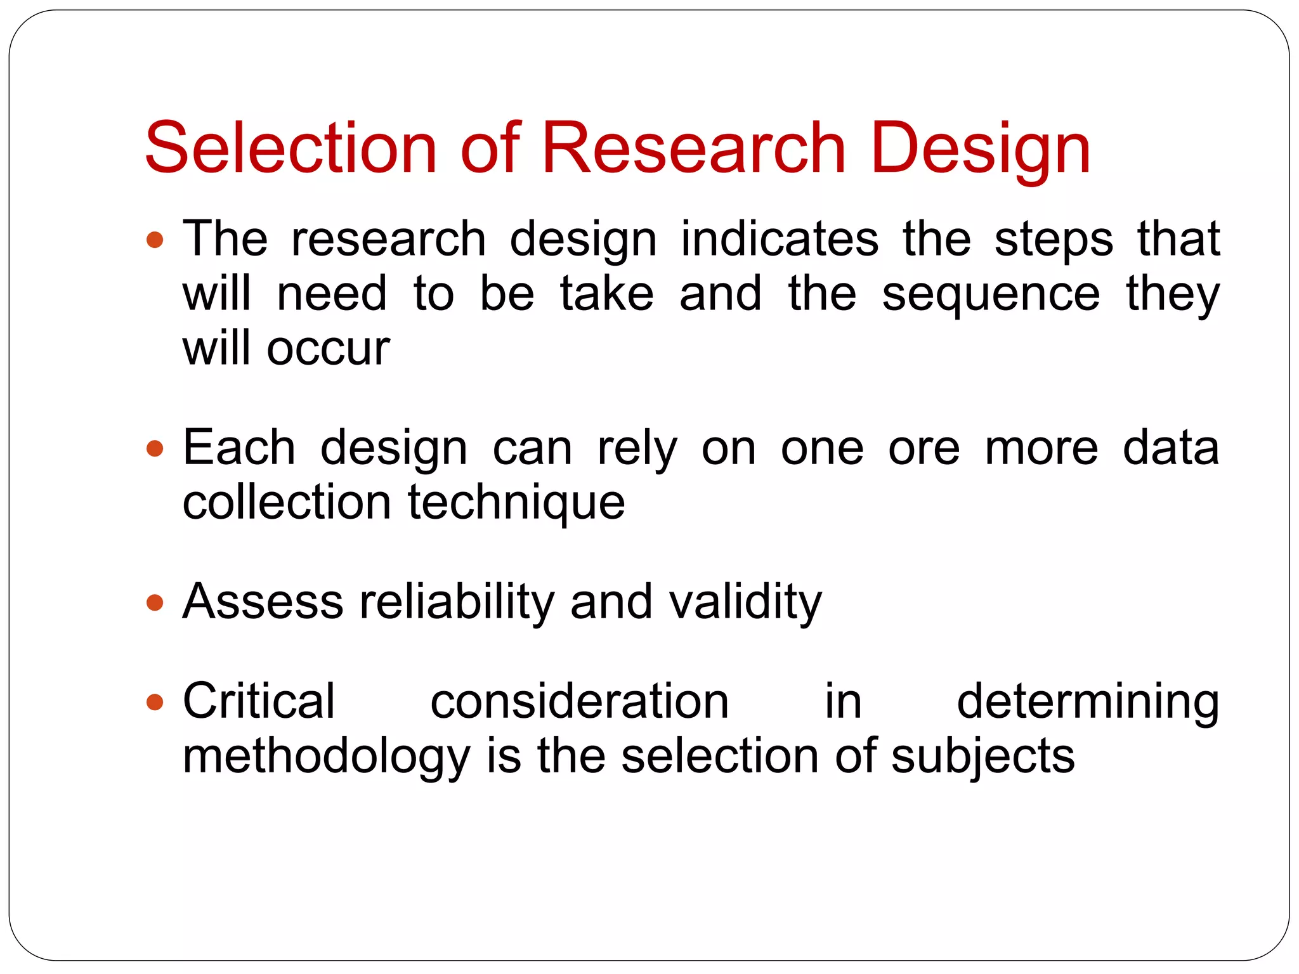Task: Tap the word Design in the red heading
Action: [x=981, y=149]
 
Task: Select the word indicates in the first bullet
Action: [x=780, y=239]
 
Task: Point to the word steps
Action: [x=1054, y=240]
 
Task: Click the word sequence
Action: [x=991, y=295]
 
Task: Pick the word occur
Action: [x=328, y=349]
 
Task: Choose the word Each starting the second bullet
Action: [x=239, y=448]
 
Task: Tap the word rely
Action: [x=637, y=449]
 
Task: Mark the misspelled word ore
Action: [x=924, y=449]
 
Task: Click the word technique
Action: [x=516, y=503]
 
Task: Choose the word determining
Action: [x=1088, y=702]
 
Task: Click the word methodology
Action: [x=326, y=756]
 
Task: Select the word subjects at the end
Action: [x=982, y=756]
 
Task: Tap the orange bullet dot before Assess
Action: [x=155, y=602]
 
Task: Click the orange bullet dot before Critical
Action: [x=155, y=702]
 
